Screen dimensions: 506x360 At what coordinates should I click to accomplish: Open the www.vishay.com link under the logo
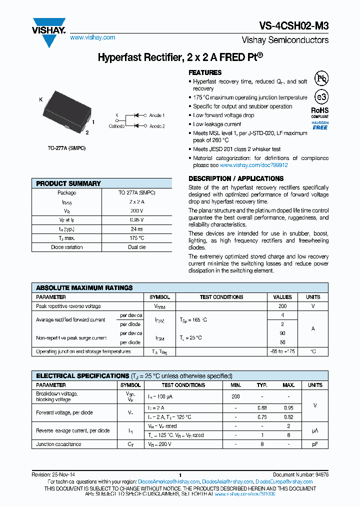coord(92,37)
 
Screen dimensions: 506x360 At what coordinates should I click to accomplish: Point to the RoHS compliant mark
coord(320,112)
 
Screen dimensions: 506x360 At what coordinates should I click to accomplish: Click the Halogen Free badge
coord(320,125)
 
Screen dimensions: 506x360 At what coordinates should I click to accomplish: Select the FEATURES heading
coord(205,72)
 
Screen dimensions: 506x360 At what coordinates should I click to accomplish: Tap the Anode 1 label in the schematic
coord(156,115)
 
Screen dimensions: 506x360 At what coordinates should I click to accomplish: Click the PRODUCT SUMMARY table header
coord(68,183)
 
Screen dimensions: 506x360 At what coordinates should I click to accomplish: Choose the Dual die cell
coord(136,247)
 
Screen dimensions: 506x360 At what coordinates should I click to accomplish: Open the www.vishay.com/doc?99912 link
coord(253,165)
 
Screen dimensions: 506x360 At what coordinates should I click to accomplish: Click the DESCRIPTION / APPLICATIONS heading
coord(236,178)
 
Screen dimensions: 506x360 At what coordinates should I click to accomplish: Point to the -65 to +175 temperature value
coord(282,351)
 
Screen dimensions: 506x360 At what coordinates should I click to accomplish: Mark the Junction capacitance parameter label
coord(58,444)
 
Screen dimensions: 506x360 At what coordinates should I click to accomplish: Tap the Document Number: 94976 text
coord(300,475)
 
